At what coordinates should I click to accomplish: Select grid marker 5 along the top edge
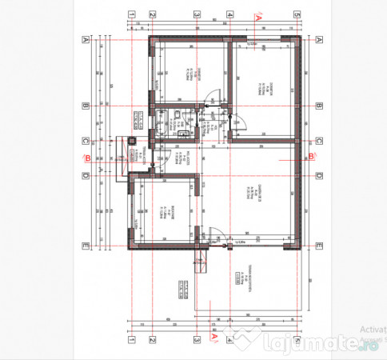295,14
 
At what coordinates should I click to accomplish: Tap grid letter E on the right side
318,245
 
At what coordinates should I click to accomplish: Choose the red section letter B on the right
311,157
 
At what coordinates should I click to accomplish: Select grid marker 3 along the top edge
194,14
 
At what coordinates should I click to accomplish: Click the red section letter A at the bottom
213,338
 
